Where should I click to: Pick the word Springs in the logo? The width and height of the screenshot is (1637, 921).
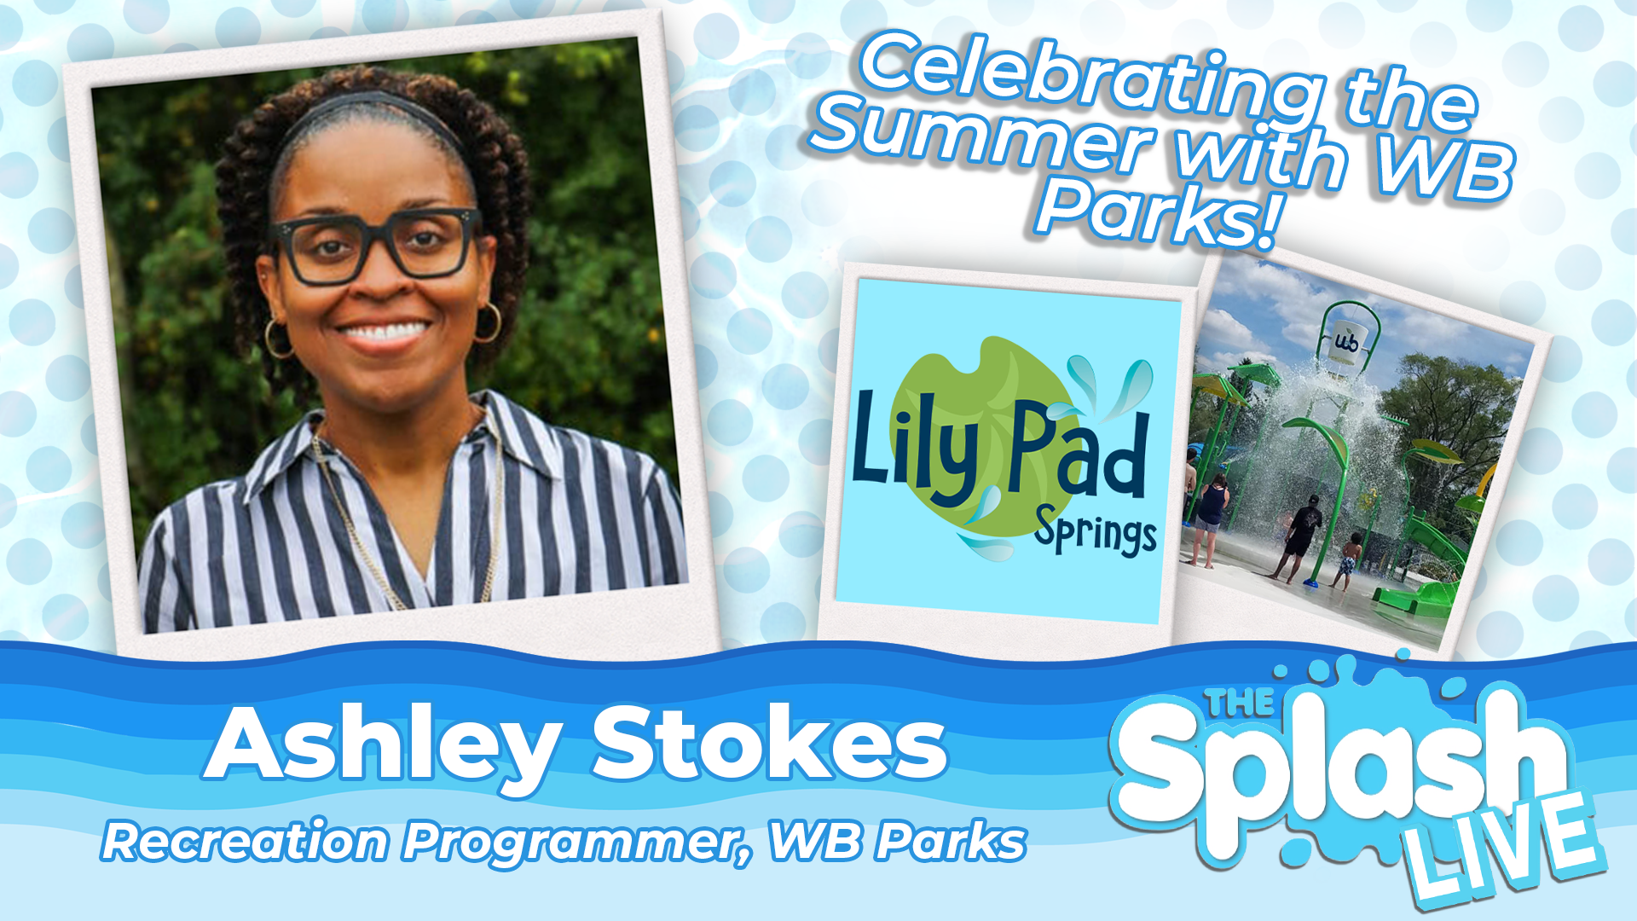click(1096, 533)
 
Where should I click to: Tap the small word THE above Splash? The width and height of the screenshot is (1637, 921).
click(1241, 702)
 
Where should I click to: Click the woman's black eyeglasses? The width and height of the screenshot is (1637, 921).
click(375, 246)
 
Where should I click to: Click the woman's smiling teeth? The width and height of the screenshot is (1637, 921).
click(385, 332)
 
